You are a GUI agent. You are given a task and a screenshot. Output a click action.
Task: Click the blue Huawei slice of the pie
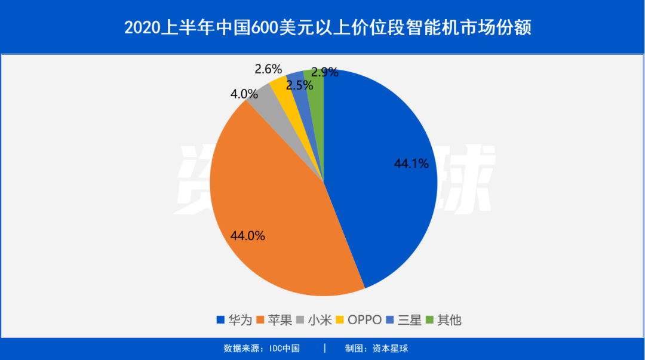coord(382,197)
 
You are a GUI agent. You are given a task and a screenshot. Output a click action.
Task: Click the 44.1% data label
coord(411,163)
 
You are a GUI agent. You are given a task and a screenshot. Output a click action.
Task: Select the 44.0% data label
coord(248,235)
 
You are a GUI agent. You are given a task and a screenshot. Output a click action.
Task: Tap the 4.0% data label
coord(244,94)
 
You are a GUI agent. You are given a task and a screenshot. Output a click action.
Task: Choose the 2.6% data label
coord(268,69)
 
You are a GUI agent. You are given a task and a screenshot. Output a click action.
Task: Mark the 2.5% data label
coord(299,85)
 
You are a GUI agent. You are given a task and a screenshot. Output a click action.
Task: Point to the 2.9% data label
coord(325,72)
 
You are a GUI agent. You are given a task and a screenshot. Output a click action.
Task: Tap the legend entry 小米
coord(317,320)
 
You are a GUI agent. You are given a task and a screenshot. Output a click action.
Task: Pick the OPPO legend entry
coord(364,320)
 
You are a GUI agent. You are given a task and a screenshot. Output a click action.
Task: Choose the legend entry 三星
coord(410,320)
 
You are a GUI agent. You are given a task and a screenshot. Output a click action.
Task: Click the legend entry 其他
coord(449,320)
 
